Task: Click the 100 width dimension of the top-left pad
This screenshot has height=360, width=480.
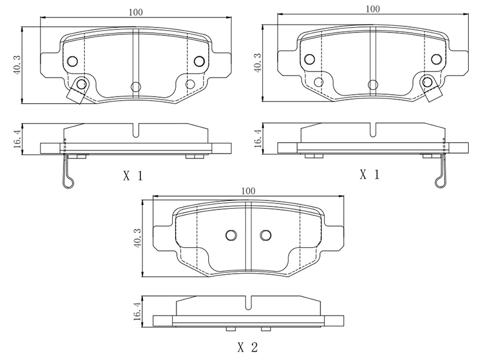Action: click(x=136, y=13)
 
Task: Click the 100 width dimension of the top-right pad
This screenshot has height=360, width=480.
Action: click(x=373, y=9)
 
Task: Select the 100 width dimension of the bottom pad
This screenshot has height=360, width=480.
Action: click(x=248, y=191)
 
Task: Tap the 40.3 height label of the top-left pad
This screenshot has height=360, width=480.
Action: click(x=17, y=65)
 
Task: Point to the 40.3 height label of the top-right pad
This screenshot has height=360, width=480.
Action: click(x=258, y=63)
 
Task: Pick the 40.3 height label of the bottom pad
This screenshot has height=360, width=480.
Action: click(x=137, y=238)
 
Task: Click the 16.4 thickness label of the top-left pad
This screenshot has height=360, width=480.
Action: click(x=17, y=139)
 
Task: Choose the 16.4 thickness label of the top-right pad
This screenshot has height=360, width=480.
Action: click(x=258, y=138)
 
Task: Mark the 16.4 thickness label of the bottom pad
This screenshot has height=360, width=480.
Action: click(x=137, y=311)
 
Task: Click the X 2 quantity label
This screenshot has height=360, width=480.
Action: click(x=248, y=347)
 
